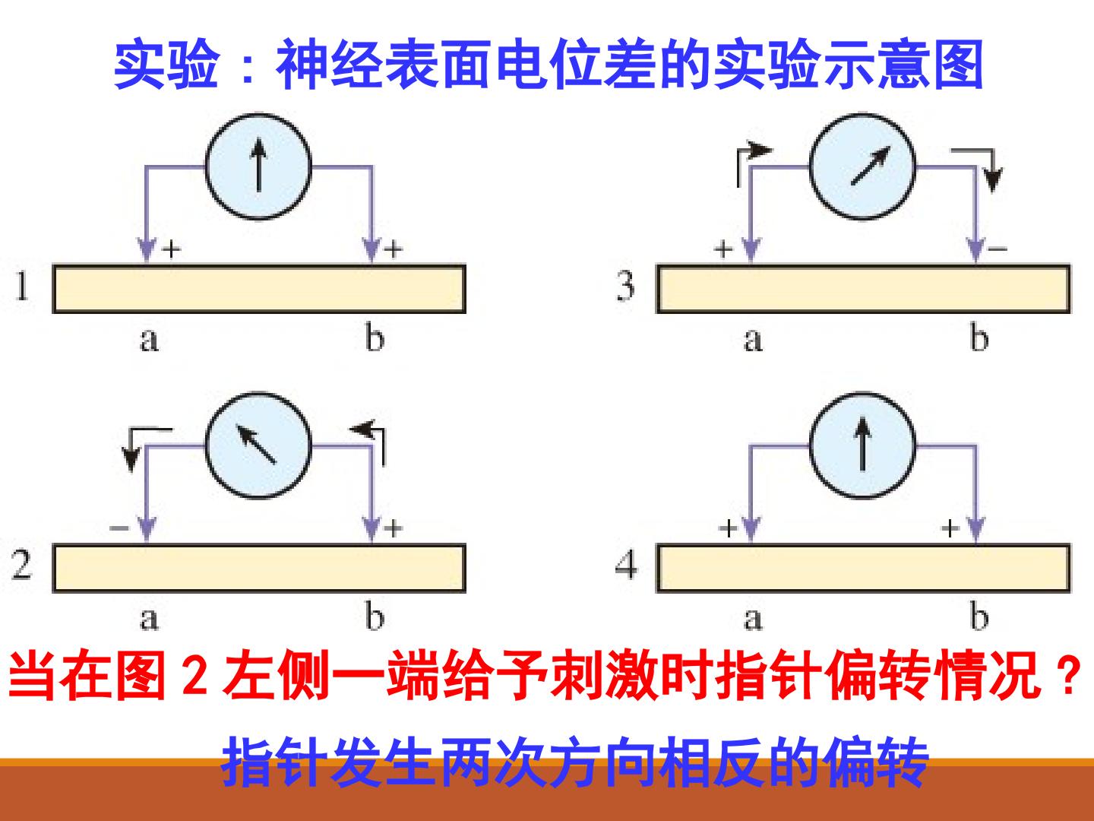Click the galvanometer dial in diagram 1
258,166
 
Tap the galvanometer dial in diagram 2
258,445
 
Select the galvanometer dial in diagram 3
863,166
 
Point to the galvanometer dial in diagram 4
863,445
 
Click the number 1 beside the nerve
21,287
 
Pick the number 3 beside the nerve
625,287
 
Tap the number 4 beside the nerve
627,566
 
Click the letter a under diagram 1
149,341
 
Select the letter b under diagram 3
979,337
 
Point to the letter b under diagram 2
375,616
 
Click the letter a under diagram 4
753,620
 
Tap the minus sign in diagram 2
119,528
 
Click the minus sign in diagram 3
998,249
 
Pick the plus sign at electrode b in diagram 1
394,249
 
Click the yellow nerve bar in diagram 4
863,569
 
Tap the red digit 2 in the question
195,676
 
